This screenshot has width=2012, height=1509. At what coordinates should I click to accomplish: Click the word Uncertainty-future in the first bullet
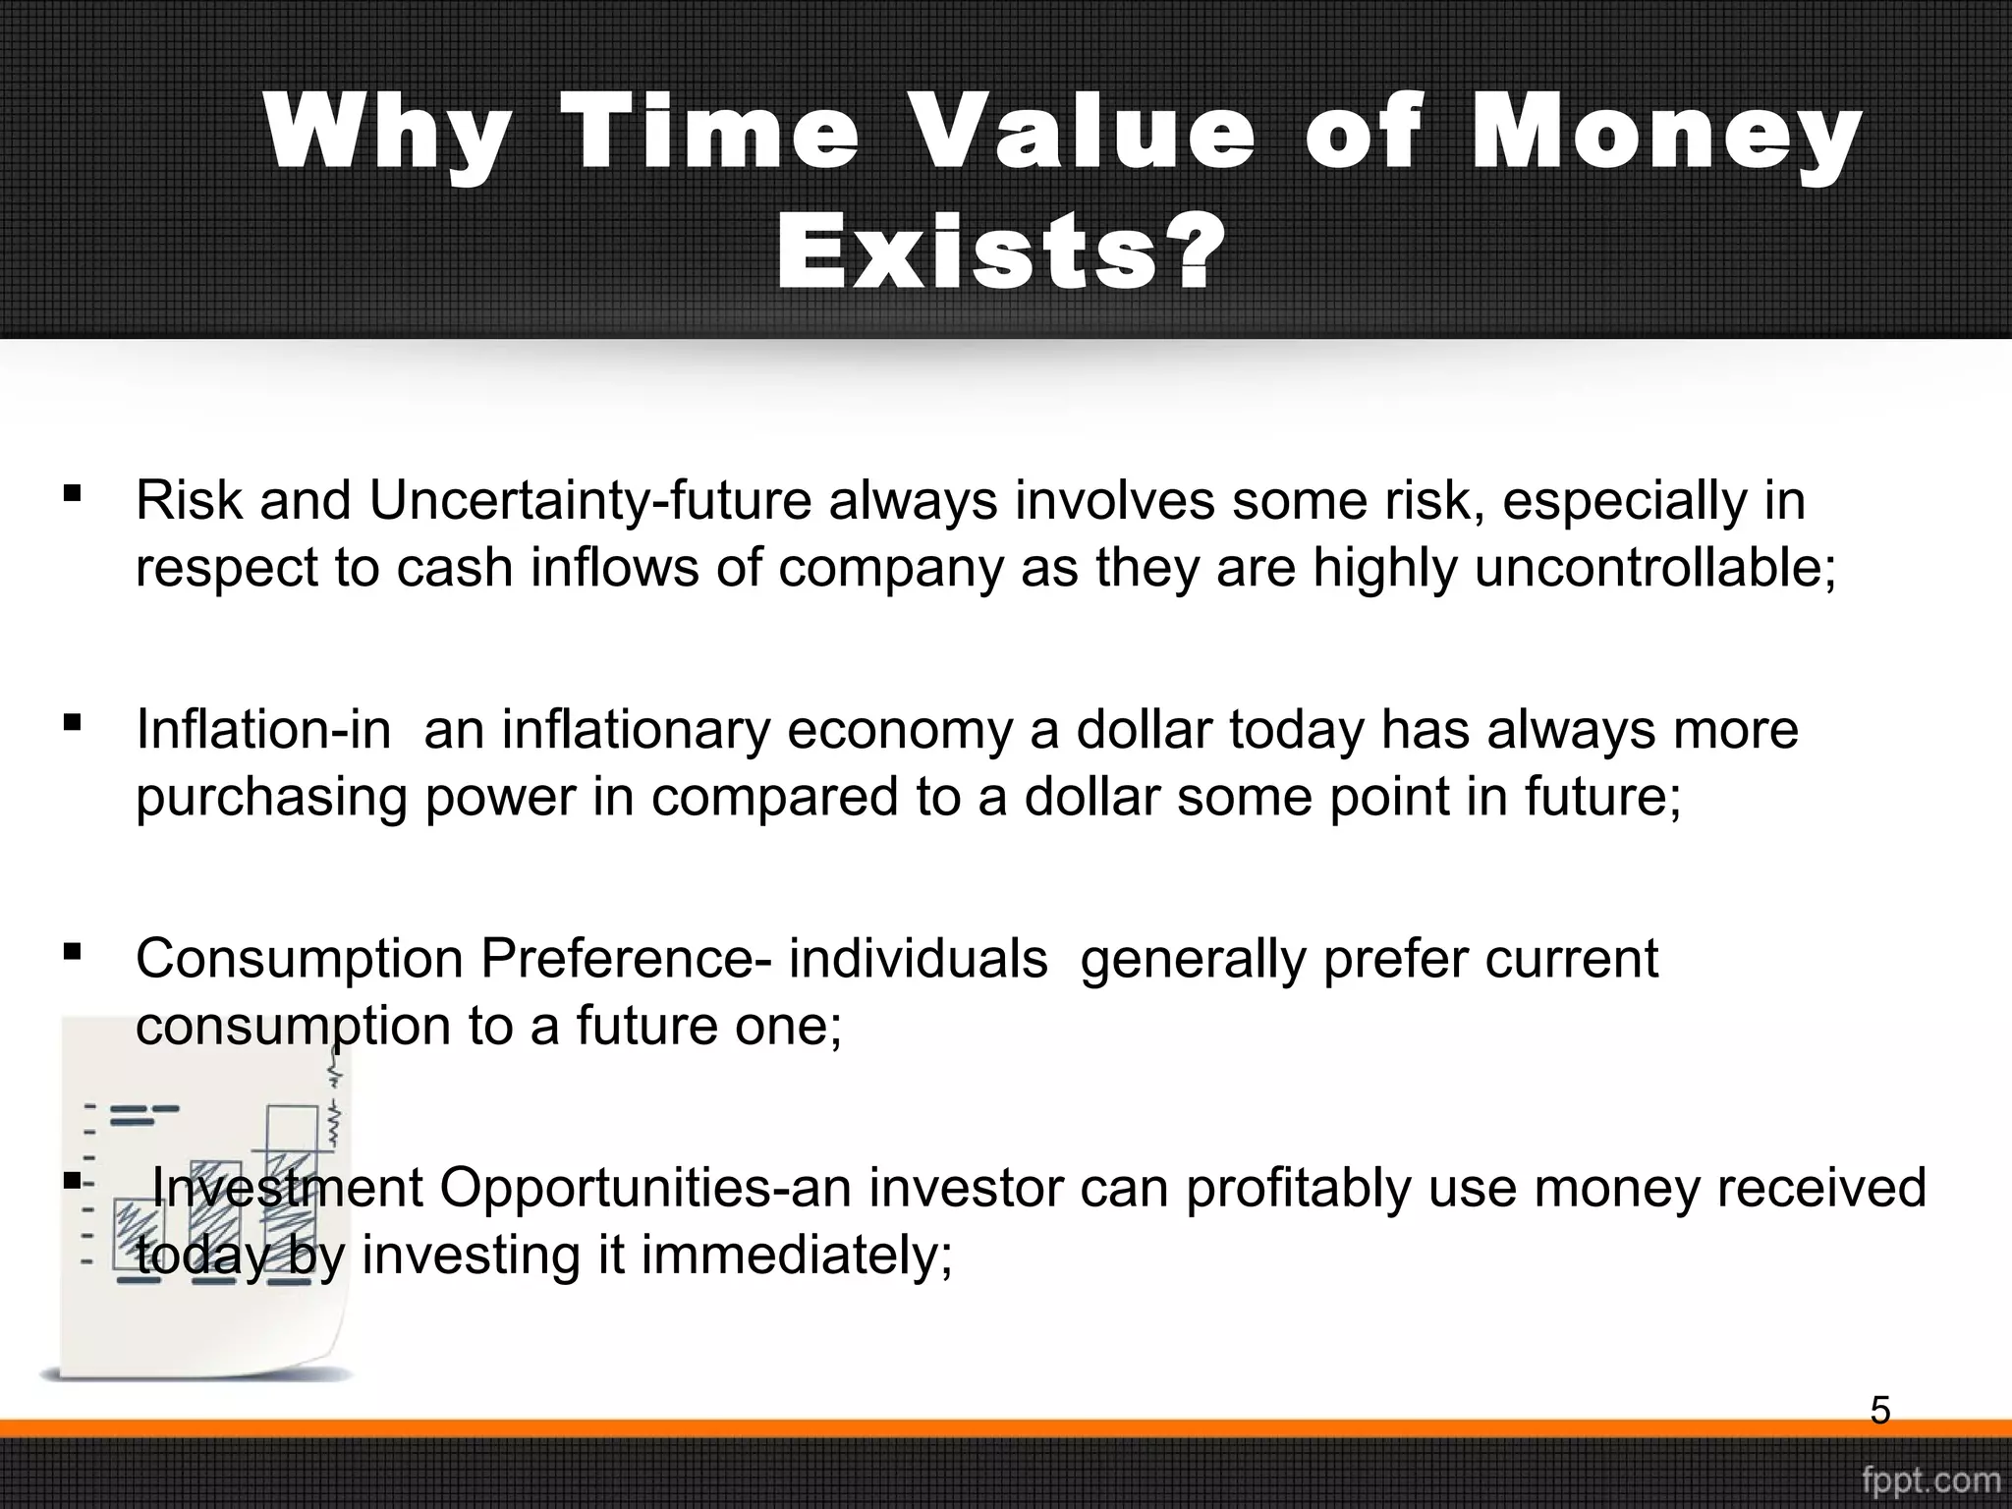click(x=589, y=501)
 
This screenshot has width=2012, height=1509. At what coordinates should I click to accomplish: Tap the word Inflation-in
click(x=262, y=730)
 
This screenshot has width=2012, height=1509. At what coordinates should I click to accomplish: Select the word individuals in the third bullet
click(x=918, y=959)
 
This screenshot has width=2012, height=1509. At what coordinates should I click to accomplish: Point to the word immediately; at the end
click(x=796, y=1256)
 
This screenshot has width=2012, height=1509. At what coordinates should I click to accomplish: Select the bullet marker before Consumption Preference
click(x=72, y=951)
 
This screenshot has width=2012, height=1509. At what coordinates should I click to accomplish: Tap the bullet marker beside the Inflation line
click(x=72, y=722)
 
